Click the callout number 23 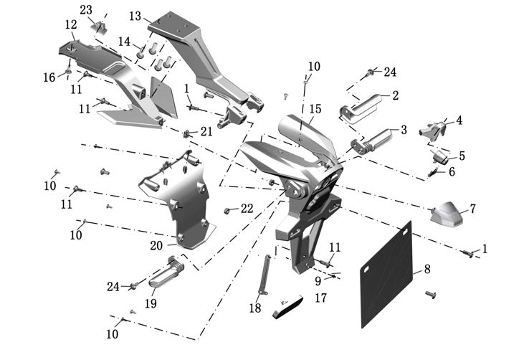pos(86,10)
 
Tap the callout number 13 pos(135,16)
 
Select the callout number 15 pos(315,109)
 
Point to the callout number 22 pos(247,209)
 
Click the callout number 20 pos(156,246)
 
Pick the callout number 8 pos(427,269)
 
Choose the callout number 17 pos(321,298)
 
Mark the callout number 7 pos(472,209)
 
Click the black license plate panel pos(387,274)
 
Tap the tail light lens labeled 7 pos(446,214)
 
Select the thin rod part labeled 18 pos(264,275)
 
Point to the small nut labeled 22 pos(227,211)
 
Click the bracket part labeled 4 pos(432,131)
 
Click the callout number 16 pos(49,77)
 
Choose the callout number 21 pos(206,131)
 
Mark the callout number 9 pos(318,280)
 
